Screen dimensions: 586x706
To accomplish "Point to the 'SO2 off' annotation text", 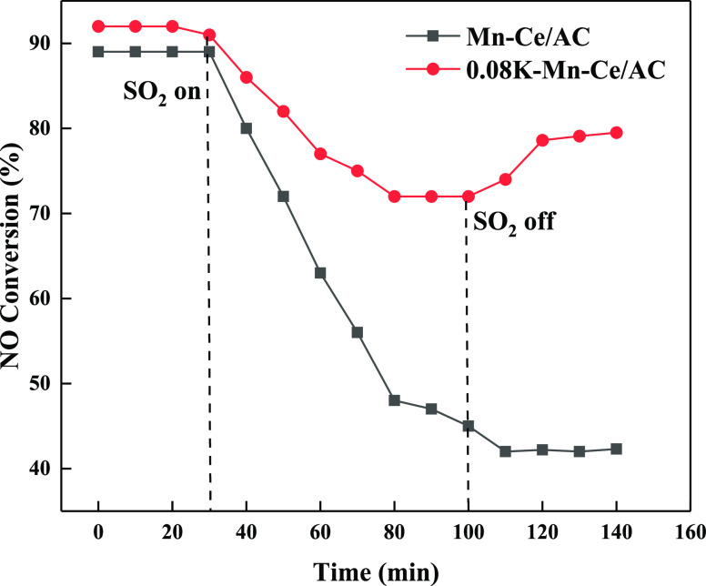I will [x=512, y=221].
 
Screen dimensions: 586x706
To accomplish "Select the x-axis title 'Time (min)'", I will [x=377, y=571].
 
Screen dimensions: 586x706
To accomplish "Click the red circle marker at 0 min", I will [x=98, y=26].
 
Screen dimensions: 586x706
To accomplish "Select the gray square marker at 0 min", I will [x=98, y=52].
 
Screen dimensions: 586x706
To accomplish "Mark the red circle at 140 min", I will [x=616, y=133].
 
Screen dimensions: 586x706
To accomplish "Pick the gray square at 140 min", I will [x=616, y=449].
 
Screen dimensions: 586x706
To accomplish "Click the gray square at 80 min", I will [x=394, y=400].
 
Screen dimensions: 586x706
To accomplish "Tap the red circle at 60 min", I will [x=320, y=154].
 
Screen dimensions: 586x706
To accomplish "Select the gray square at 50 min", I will [x=283, y=197].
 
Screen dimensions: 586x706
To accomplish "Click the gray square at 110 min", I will [x=505, y=451].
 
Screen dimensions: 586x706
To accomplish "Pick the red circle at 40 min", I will [x=246, y=77].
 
